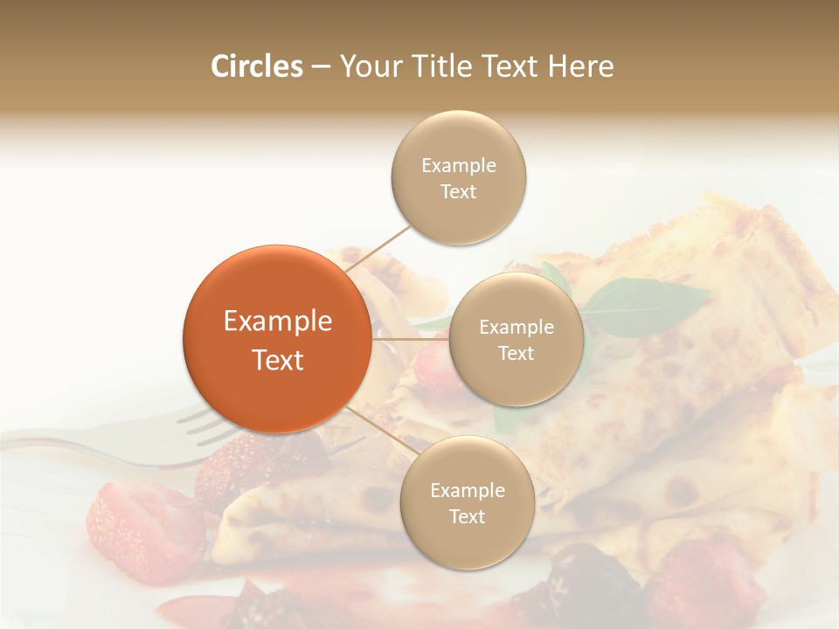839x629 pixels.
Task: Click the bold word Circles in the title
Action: click(x=256, y=66)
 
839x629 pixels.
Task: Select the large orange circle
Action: click(x=276, y=339)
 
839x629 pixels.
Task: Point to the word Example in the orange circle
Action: click(x=278, y=321)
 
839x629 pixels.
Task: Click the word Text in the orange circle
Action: click(x=278, y=360)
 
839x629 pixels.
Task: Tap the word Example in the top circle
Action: click(x=459, y=166)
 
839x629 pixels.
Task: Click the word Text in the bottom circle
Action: click(x=467, y=517)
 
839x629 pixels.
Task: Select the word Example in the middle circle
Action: click(x=517, y=328)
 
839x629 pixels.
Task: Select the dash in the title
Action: click(x=320, y=66)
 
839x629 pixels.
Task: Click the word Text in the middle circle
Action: click(x=516, y=354)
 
